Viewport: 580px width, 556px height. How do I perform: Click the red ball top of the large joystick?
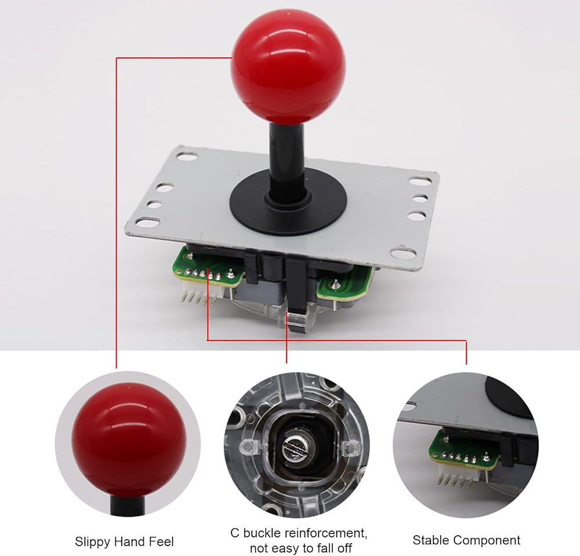point(288,71)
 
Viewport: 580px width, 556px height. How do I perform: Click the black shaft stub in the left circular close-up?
point(128,505)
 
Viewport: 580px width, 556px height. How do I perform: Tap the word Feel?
point(161,542)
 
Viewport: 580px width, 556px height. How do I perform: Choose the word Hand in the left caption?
point(130,542)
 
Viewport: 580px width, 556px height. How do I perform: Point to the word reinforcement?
point(326,533)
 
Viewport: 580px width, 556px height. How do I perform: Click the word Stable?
point(431,540)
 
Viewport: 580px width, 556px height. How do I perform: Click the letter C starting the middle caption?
point(235,533)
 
